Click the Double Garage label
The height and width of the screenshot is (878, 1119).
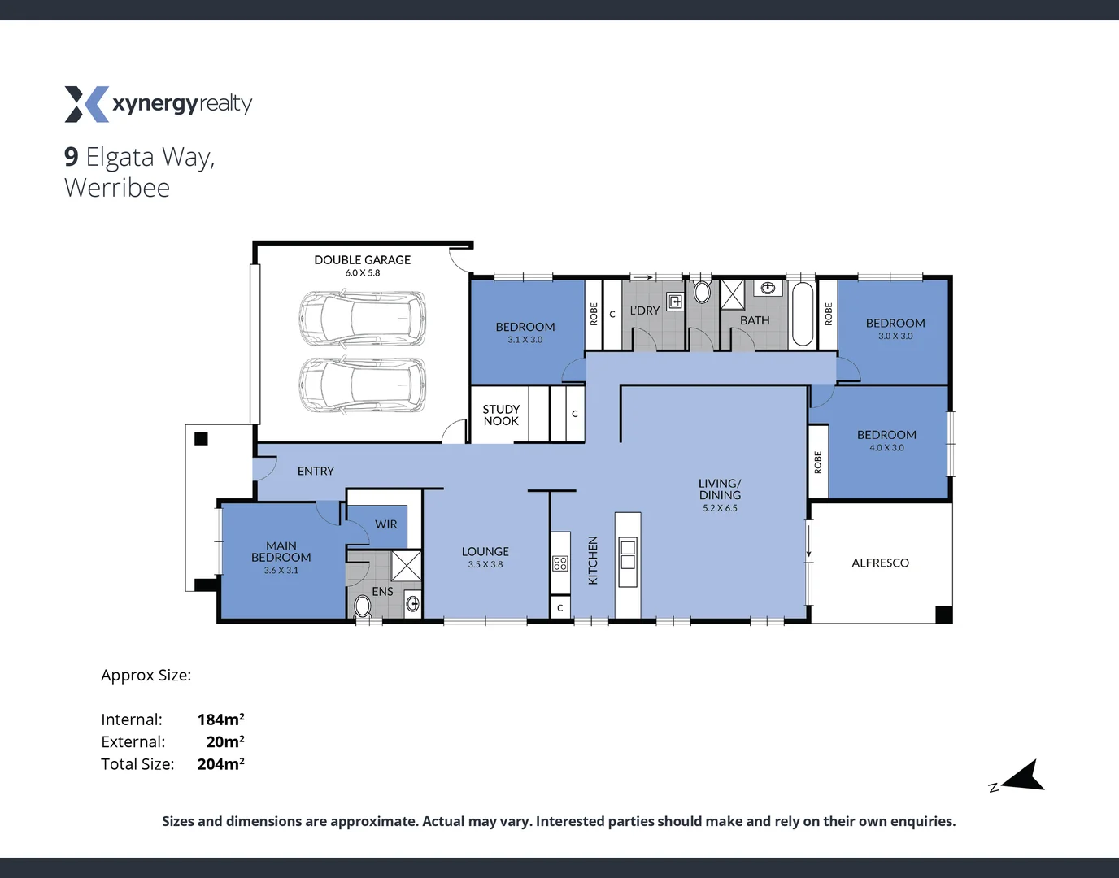(362, 260)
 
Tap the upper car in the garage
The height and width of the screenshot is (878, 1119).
(362, 319)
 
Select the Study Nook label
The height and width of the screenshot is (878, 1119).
(501, 415)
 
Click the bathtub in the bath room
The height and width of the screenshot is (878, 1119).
(803, 315)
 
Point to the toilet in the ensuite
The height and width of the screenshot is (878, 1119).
(363, 606)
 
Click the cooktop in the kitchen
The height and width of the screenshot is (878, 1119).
(560, 563)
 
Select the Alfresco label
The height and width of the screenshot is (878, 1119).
(880, 563)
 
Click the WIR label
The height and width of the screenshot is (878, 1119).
(386, 524)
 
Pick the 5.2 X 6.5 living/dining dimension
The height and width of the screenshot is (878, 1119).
(720, 508)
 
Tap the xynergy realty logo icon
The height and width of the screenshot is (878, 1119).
(86, 104)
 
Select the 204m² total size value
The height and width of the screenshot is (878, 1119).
(220, 764)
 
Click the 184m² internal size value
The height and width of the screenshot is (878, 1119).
(220, 719)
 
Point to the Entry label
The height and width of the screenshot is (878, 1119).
(316, 471)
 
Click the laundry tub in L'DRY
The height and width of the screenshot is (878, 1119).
(675, 302)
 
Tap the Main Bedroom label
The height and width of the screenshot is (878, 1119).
(281, 551)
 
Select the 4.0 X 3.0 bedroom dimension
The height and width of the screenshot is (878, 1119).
(886, 448)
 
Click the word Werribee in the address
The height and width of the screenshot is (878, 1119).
(117, 188)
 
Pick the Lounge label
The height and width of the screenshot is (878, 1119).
(485, 551)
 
